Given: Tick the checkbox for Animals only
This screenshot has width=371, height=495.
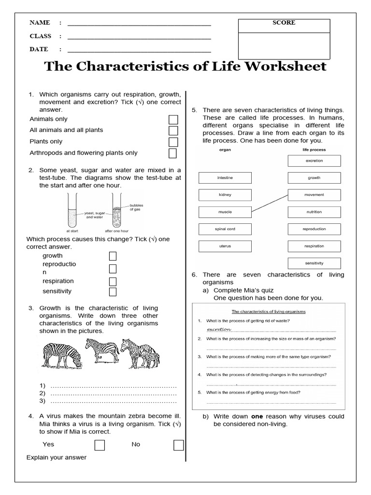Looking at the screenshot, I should pyautogui.click(x=173, y=119).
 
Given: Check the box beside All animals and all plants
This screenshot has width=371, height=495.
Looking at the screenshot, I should pyautogui.click(x=173, y=131).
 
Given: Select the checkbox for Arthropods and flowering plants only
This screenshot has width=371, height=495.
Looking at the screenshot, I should pyautogui.click(x=172, y=153).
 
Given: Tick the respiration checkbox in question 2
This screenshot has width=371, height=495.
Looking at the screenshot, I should pyautogui.click(x=113, y=281).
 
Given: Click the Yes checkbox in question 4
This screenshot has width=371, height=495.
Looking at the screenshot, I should pyautogui.click(x=100, y=445).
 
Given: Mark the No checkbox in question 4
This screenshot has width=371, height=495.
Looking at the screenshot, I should pyautogui.click(x=178, y=445).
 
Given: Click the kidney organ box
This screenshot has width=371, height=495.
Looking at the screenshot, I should pyautogui.click(x=225, y=195).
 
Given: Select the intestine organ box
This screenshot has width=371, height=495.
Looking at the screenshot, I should pyautogui.click(x=225, y=178).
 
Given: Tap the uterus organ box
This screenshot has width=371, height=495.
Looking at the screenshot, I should pyautogui.click(x=225, y=246).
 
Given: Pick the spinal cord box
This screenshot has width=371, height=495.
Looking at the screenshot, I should pyautogui.click(x=225, y=229).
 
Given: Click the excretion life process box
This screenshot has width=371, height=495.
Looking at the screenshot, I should pyautogui.click(x=314, y=160).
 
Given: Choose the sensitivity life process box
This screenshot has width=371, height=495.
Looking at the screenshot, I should pyautogui.click(x=314, y=263).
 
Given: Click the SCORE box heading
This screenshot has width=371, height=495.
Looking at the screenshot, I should pyautogui.click(x=284, y=23).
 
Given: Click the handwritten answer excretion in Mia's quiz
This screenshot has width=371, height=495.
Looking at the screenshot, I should pyautogui.click(x=219, y=329).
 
